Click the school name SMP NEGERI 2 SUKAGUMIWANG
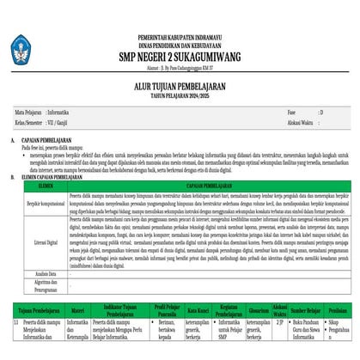[180, 51]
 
